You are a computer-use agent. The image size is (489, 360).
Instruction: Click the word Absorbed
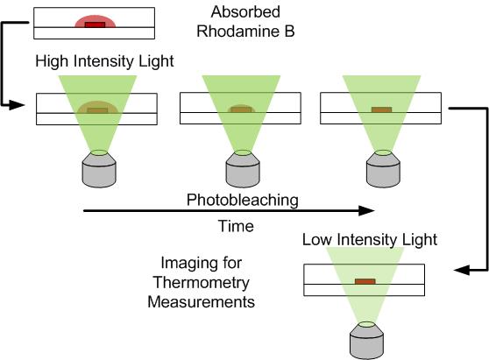(x=245, y=12)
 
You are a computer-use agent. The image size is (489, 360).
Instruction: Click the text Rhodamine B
(x=245, y=32)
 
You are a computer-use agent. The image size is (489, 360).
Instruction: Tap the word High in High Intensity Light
(x=52, y=60)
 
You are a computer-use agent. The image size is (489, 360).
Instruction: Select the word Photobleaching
(x=243, y=200)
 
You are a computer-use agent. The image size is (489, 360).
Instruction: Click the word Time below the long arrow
(x=236, y=226)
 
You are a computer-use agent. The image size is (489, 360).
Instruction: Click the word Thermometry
(x=202, y=283)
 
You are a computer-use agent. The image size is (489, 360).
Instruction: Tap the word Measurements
(x=202, y=302)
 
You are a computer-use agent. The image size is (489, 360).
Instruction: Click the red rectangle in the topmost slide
(x=96, y=25)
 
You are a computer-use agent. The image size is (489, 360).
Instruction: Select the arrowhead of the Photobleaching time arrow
(x=366, y=211)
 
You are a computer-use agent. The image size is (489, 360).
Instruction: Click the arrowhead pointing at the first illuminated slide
(x=17, y=105)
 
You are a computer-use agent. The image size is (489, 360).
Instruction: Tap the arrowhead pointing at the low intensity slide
(x=462, y=271)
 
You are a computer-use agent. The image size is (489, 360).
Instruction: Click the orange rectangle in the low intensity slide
(x=365, y=281)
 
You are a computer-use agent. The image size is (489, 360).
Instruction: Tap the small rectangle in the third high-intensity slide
(x=381, y=109)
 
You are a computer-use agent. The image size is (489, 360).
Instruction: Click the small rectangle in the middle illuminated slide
(x=241, y=109)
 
